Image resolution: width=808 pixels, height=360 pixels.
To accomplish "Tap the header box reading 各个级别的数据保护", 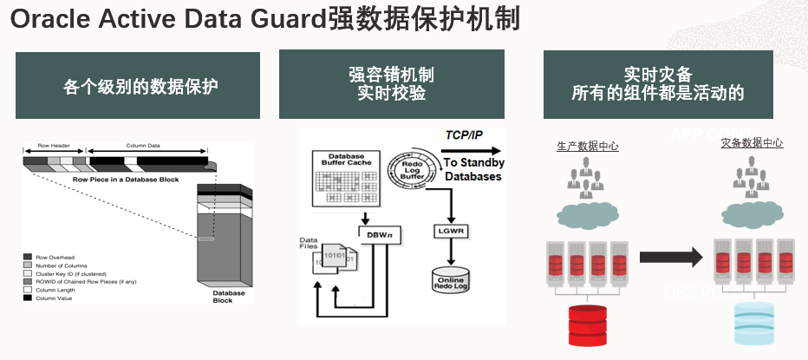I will [138, 86].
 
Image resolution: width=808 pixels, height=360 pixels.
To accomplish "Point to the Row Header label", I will [54, 146].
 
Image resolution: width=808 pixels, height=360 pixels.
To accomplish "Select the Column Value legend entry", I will [54, 298].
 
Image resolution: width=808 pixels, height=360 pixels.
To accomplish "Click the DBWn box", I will [377, 232].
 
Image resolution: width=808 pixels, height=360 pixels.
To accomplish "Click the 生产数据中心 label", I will [587, 147].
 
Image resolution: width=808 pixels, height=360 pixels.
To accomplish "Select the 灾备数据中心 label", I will [752, 143].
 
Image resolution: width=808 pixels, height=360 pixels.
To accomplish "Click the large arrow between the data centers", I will [670, 257].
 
